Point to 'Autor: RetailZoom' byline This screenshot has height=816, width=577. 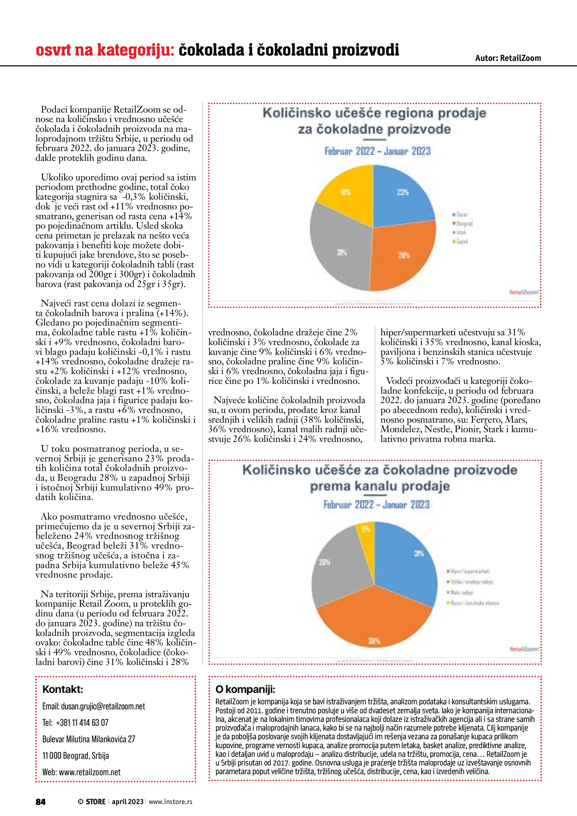click(508, 58)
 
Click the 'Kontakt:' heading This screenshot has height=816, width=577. click(63, 690)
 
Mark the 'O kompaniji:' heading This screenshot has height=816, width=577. click(245, 690)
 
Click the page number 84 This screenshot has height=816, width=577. click(40, 801)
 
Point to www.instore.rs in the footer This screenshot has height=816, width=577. click(171, 801)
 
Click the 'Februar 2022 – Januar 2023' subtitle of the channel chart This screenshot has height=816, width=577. click(376, 505)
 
